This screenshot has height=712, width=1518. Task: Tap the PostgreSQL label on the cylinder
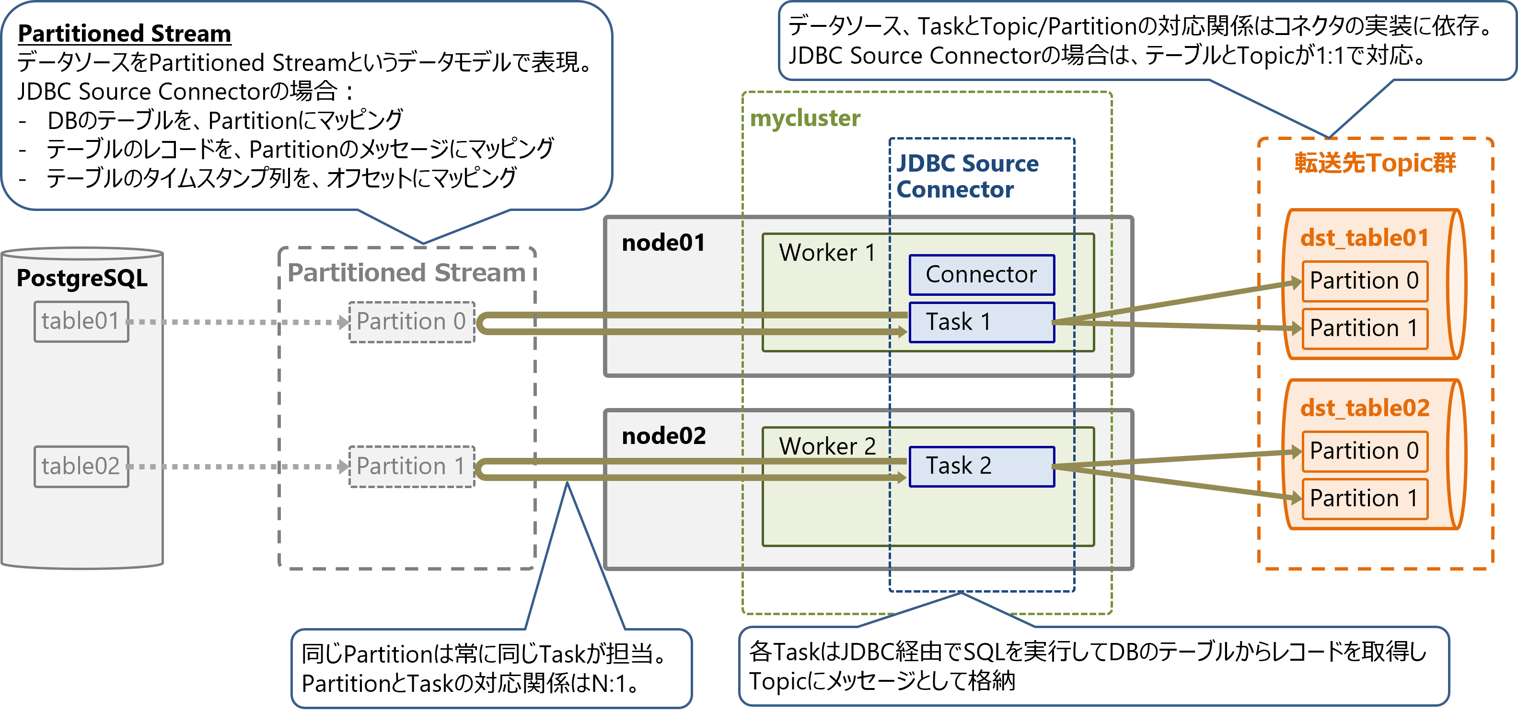coord(82,278)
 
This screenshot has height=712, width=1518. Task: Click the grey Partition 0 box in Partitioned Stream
coord(411,322)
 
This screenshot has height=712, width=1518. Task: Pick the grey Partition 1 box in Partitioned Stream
coord(411,466)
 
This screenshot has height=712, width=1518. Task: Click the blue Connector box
coord(981,275)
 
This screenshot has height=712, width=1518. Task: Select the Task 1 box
coord(981,322)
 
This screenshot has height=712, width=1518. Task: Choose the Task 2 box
coord(981,466)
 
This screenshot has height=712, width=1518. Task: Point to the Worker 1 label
coord(827,253)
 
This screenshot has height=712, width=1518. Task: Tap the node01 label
coord(663,243)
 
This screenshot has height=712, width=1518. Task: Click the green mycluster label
coord(805,118)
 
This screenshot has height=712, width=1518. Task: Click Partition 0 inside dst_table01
coord(1364,280)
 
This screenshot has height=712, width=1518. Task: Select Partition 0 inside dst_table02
coord(1364,451)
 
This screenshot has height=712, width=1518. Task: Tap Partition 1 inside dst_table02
coord(1364,499)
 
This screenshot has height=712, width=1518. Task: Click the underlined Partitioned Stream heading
coord(124,34)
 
